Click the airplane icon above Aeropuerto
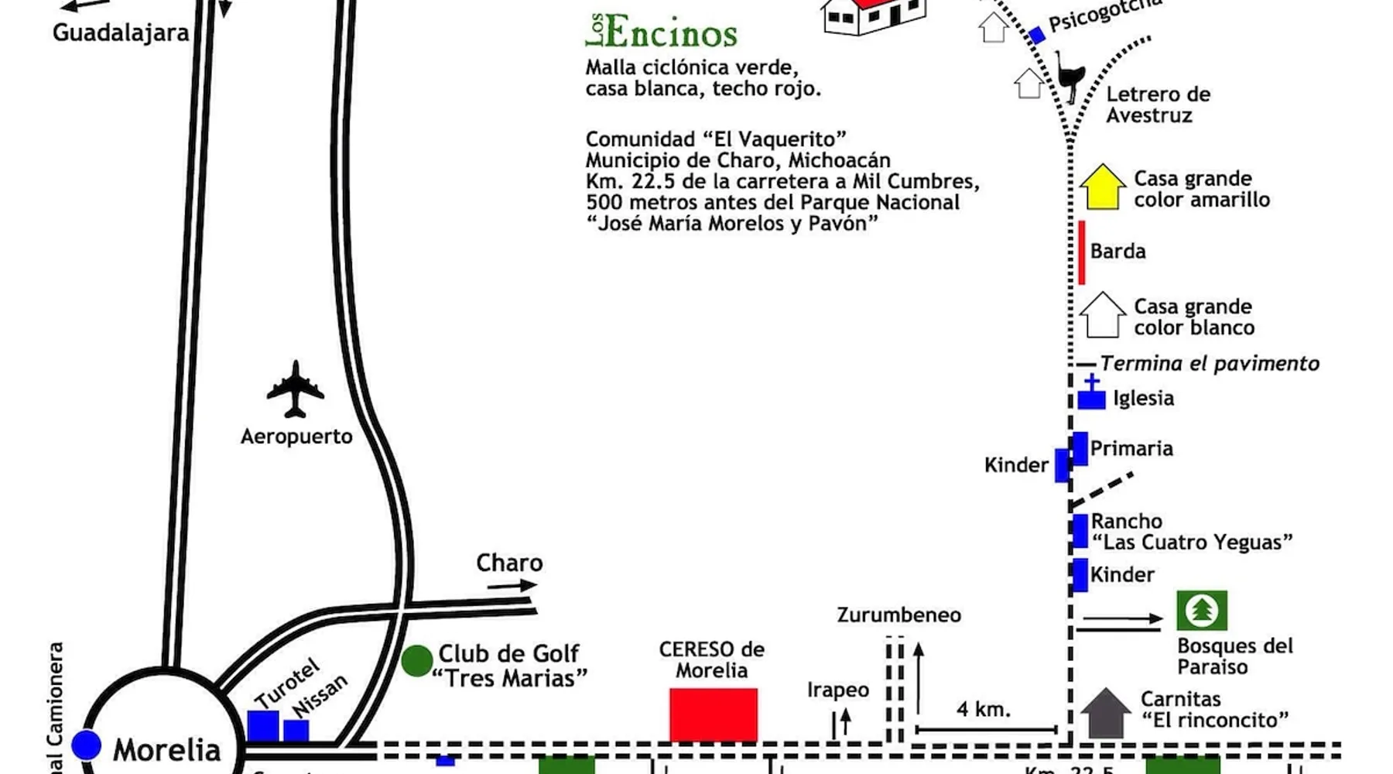tap(295, 389)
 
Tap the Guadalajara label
tap(121, 33)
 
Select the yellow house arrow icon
tap(1102, 187)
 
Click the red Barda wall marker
tap(1082, 252)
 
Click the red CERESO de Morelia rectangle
tap(713, 715)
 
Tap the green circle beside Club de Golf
tap(417, 661)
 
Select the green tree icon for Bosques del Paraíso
tap(1201, 611)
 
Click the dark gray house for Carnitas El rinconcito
tap(1105, 713)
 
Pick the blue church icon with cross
tap(1091, 393)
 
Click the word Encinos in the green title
tap(671, 33)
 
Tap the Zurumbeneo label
tap(898, 615)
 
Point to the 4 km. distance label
tap(983, 709)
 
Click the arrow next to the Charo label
tap(512, 586)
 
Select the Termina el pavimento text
tap(1210, 363)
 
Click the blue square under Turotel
tap(263, 726)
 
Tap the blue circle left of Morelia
tap(86, 745)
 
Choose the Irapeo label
tap(837, 690)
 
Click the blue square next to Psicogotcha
tap(1037, 35)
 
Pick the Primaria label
tap(1131, 449)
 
